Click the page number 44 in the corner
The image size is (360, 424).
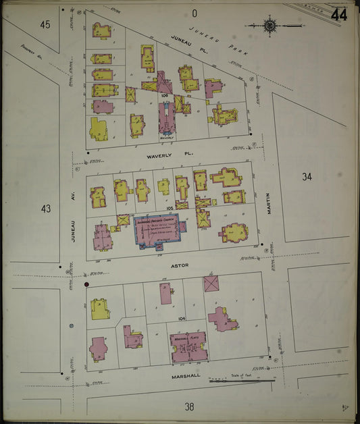click(x=339, y=14)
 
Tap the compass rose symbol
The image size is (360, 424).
click(x=269, y=26)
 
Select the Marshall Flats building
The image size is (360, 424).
click(x=188, y=344)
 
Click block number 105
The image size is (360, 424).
click(x=162, y=208)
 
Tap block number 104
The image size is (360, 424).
click(x=180, y=317)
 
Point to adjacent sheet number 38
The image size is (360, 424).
click(x=189, y=406)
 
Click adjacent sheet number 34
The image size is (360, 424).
click(x=307, y=177)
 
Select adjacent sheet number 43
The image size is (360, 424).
click(x=45, y=209)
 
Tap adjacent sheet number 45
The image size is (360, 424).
click(x=45, y=25)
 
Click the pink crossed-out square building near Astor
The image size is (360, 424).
click(x=211, y=283)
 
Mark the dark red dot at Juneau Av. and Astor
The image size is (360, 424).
click(x=86, y=285)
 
